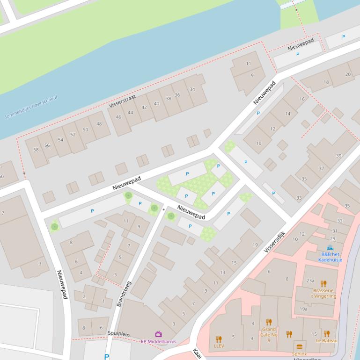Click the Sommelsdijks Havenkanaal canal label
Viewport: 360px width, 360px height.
pyautogui.click(x=31, y=107)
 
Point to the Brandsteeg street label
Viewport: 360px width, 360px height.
pyautogui.click(x=124, y=294)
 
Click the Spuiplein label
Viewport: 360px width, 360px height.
pyautogui.click(x=118, y=334)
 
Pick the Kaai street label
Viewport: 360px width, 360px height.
pyautogui.click(x=197, y=353)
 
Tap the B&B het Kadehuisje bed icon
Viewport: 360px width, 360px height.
pyautogui.click(x=331, y=248)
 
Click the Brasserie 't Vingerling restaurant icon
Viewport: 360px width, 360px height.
pyautogui.click(x=323, y=284)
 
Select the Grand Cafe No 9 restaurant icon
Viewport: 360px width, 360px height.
pyautogui.click(x=269, y=322)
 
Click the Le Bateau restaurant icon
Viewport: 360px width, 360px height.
pyautogui.click(x=327, y=334)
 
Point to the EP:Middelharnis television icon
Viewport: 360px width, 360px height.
pyautogui.click(x=159, y=334)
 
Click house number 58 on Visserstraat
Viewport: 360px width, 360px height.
pyautogui.click(x=36, y=150)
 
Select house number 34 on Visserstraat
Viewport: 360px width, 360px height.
pyautogui.click(x=192, y=89)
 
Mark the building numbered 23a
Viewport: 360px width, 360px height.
pyautogui.click(x=310, y=281)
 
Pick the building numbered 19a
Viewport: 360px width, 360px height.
pyautogui.click(x=303, y=309)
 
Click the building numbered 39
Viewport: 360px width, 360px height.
pyautogui.click(x=339, y=156)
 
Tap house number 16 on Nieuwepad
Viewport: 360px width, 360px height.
pyautogui.click(x=302, y=99)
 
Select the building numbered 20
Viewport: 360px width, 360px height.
pyautogui.click(x=348, y=74)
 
